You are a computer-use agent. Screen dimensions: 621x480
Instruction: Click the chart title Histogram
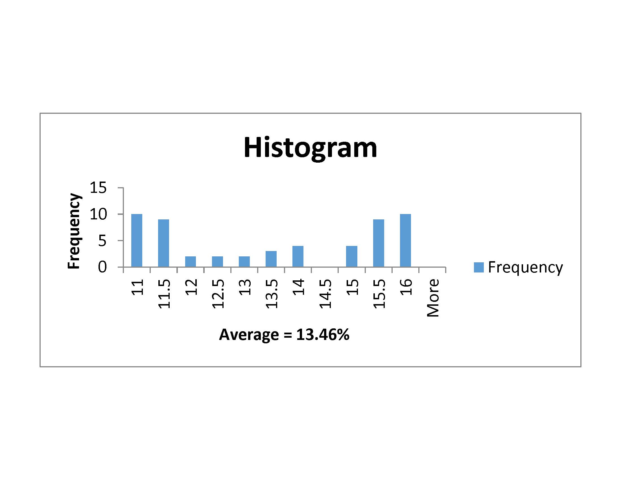click(310, 148)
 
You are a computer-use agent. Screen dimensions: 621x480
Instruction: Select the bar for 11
click(137, 240)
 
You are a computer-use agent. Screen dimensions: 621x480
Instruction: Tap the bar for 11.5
click(163, 243)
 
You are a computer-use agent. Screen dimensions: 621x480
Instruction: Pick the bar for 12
click(191, 262)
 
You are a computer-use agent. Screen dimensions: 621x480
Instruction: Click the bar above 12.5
click(218, 262)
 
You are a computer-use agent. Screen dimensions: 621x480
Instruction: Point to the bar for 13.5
click(271, 259)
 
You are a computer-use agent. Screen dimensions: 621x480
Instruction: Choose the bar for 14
click(298, 256)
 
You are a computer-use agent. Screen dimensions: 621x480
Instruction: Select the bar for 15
click(352, 256)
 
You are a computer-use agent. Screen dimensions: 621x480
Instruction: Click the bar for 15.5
click(379, 243)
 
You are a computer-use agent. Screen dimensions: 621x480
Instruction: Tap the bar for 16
click(405, 240)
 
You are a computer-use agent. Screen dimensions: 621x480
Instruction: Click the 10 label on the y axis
click(98, 214)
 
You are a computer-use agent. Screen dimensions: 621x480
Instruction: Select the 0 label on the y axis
click(102, 267)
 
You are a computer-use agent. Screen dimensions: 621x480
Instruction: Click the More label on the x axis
click(433, 298)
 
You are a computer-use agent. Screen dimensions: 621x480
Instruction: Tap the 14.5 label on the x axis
click(325, 294)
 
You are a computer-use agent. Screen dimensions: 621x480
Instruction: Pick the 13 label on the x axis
click(245, 287)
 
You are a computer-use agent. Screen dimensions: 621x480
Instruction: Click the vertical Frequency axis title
click(74, 231)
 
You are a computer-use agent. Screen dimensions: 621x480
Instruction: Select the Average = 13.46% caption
click(284, 334)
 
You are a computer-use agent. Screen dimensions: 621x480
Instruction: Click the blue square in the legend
click(479, 267)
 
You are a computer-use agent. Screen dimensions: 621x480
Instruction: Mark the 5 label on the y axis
click(102, 241)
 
